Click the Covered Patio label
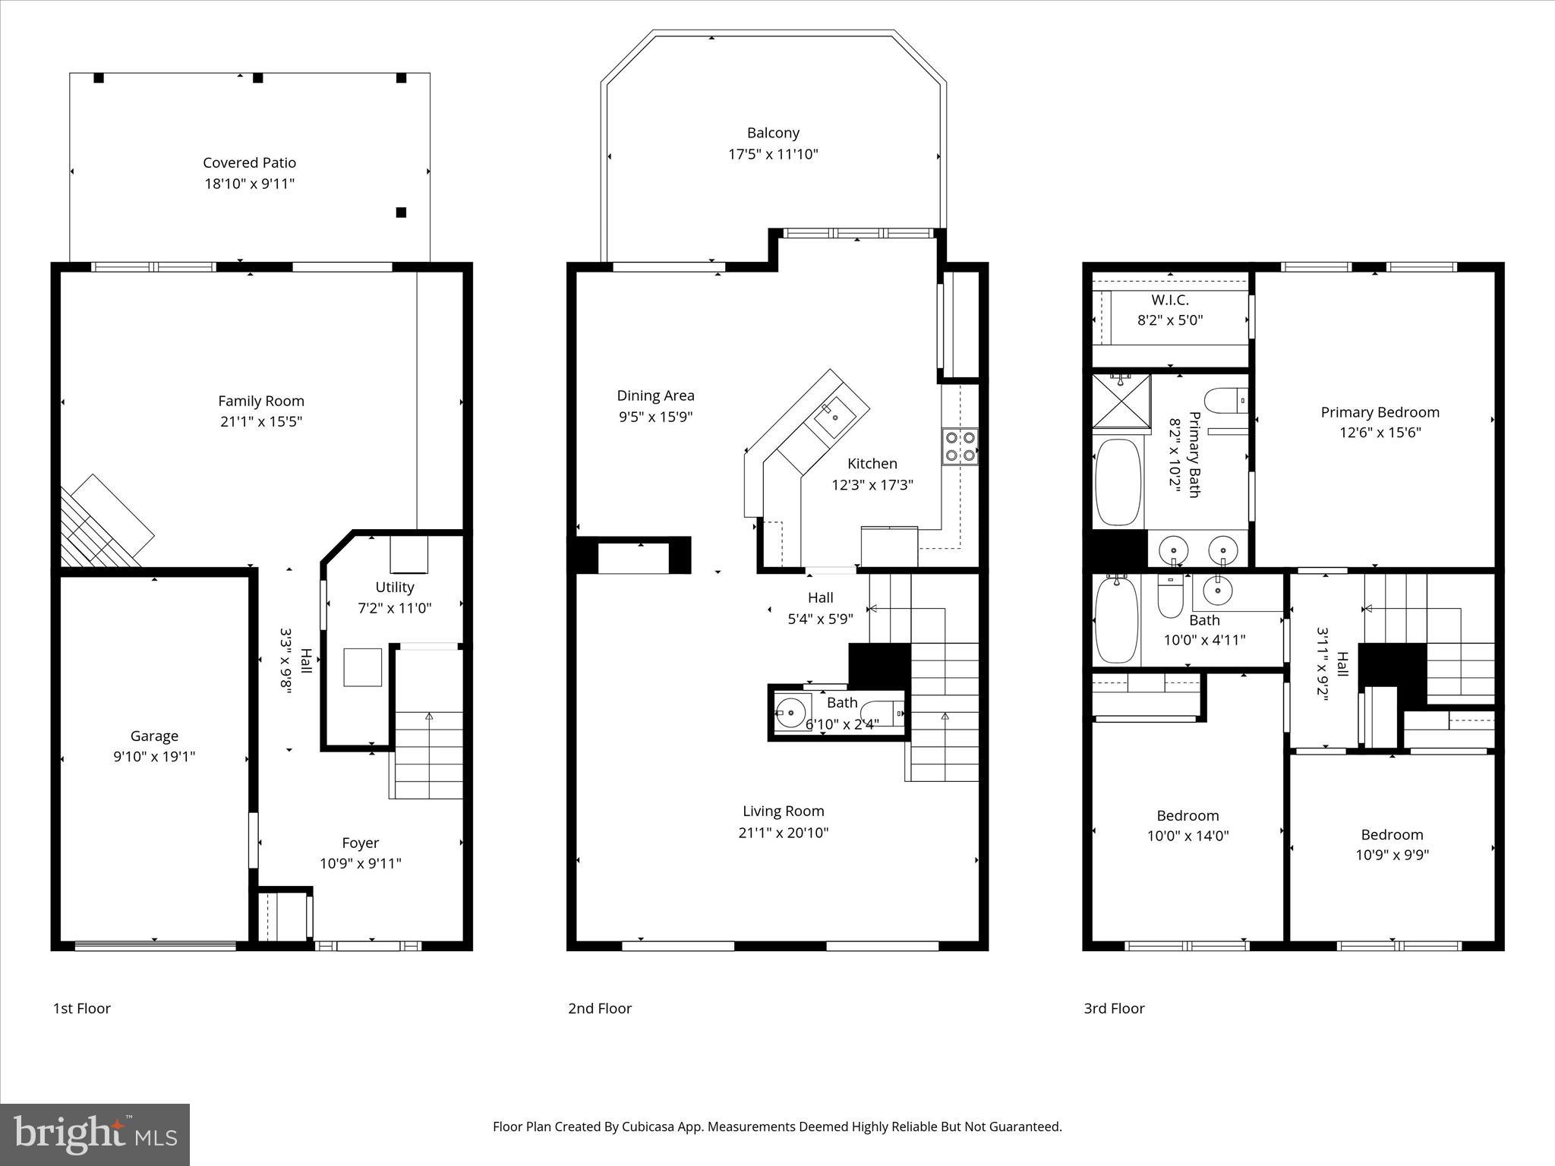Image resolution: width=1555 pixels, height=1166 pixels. tap(249, 162)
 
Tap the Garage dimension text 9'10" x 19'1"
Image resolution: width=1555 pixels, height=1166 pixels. tap(154, 757)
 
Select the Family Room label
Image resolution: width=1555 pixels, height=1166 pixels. tap(261, 401)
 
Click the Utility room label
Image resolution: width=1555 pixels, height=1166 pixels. tap(394, 587)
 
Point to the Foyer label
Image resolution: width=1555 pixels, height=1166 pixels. tap(360, 843)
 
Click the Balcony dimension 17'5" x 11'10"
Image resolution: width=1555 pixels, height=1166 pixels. tap(773, 154)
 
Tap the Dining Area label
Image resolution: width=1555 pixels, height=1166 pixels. tap(655, 395)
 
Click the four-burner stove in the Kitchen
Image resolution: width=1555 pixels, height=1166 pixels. tap(960, 446)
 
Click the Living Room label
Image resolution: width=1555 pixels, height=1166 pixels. tap(783, 811)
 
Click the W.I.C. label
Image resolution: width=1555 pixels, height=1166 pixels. tap(1169, 301)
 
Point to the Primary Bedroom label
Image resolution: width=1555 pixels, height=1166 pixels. tap(1380, 412)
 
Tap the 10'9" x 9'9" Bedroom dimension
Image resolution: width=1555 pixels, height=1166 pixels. tap(1392, 855)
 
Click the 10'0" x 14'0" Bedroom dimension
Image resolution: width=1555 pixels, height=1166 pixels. tap(1188, 836)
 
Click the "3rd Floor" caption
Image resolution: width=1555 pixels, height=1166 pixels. tap(1114, 1008)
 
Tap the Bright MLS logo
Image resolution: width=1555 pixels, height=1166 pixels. tap(95, 1134)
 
